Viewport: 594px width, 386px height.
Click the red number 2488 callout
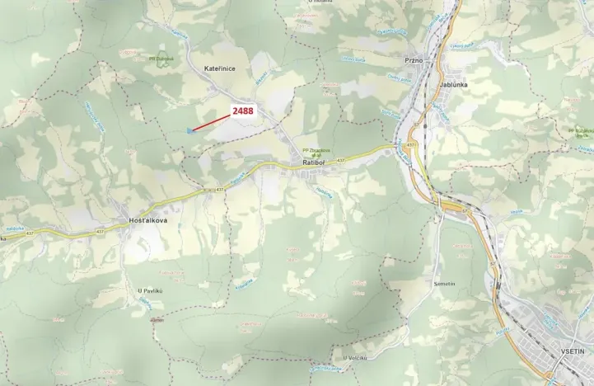tap(243, 111)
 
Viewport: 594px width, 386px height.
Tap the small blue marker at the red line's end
tap(191, 129)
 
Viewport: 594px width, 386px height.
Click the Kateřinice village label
tap(220, 69)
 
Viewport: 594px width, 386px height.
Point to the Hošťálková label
tap(147, 221)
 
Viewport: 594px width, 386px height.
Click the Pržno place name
tap(414, 60)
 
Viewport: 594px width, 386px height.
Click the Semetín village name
tap(443, 283)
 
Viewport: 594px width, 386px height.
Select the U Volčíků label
tap(355, 357)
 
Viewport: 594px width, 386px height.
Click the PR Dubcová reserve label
tap(162, 59)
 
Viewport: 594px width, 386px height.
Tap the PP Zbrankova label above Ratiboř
tap(316, 150)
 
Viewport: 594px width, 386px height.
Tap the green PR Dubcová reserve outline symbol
tap(162, 48)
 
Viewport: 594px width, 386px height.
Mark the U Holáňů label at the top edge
tap(320, 2)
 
